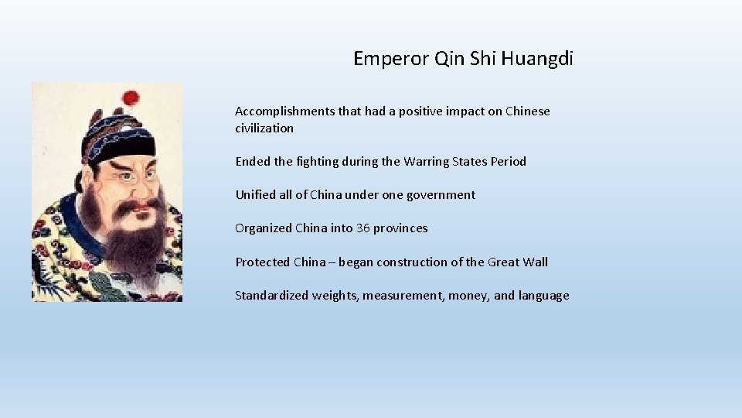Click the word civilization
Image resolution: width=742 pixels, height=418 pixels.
pos(264,128)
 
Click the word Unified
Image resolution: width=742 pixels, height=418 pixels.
pos(256,195)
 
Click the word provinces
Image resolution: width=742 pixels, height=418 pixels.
pos(401,228)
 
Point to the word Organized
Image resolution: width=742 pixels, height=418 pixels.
pos(264,228)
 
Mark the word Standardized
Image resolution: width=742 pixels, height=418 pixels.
pos(272,295)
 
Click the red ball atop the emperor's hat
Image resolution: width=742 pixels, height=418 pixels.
pos(131,98)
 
